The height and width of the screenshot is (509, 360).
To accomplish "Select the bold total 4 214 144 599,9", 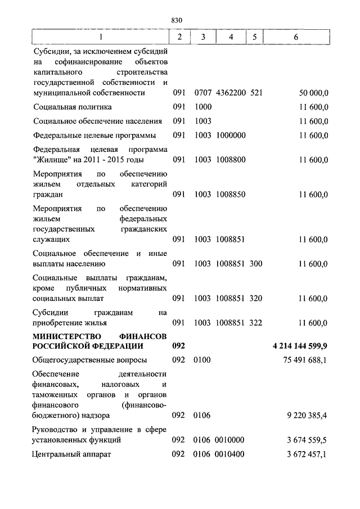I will pyautogui.click(x=300, y=345).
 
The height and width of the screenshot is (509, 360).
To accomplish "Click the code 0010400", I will pyautogui.click(x=230, y=454).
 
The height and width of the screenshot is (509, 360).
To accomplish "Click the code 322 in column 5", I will pyautogui.click(x=256, y=323).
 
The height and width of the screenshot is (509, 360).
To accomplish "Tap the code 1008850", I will pyautogui.click(x=230, y=195).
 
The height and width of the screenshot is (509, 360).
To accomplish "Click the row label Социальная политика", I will pyautogui.click(x=73, y=107).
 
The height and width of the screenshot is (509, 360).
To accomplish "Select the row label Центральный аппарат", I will pyautogui.click(x=73, y=454).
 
